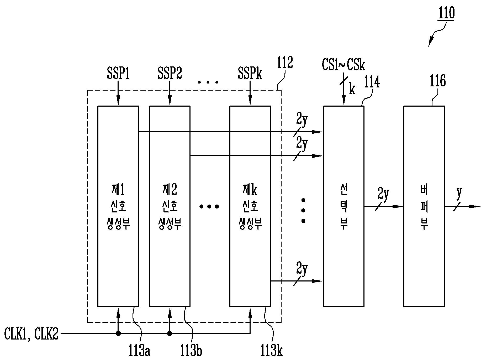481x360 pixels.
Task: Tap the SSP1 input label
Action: [x=118, y=73]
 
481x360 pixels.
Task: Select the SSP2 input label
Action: [x=170, y=73]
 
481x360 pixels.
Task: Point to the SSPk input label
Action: [x=250, y=73]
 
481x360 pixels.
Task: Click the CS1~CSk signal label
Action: [x=343, y=65]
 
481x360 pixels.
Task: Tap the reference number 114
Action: [x=372, y=82]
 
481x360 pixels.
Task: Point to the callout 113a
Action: [x=139, y=350]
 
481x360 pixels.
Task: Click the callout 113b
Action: [x=191, y=350]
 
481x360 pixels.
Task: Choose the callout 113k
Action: [x=272, y=350]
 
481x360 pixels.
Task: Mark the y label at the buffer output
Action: [x=459, y=193]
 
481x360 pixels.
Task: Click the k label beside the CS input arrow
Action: [x=352, y=89]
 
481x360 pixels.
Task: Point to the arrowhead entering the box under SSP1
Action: [x=118, y=102]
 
